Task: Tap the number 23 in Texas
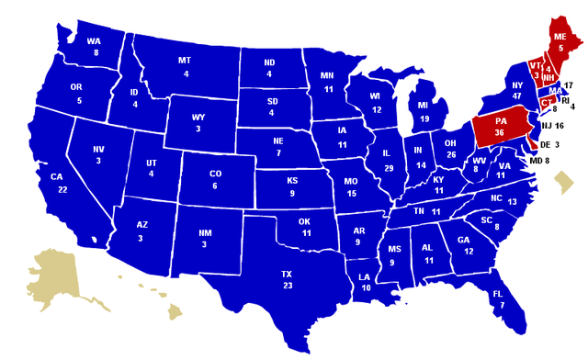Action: click(287, 286)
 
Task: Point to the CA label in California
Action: click(56, 176)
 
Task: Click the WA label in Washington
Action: click(94, 41)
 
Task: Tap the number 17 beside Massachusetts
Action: click(569, 85)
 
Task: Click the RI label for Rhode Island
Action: click(566, 98)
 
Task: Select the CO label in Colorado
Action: click(215, 173)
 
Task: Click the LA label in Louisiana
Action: click(366, 276)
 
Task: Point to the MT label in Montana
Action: click(185, 61)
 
